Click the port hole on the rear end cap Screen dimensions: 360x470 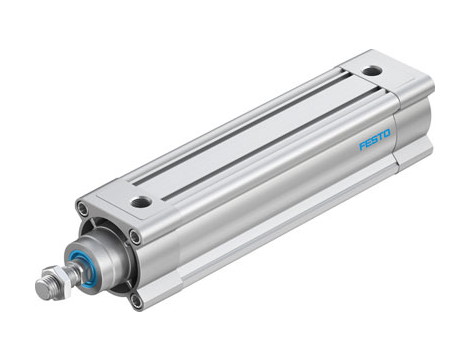point(372,71)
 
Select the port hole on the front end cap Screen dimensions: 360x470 point(141,201)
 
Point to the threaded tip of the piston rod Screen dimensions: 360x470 point(42,291)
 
